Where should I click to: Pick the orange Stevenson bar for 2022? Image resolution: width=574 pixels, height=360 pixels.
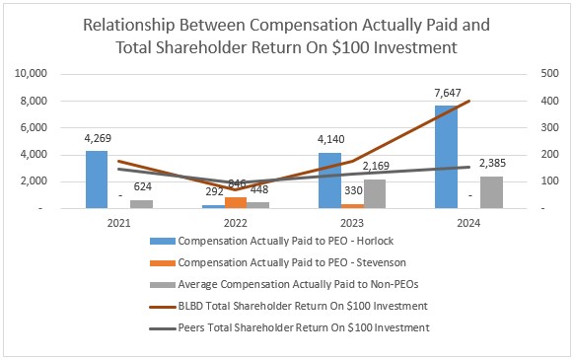[236, 202]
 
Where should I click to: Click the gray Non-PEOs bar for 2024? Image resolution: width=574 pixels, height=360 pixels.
[491, 192]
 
